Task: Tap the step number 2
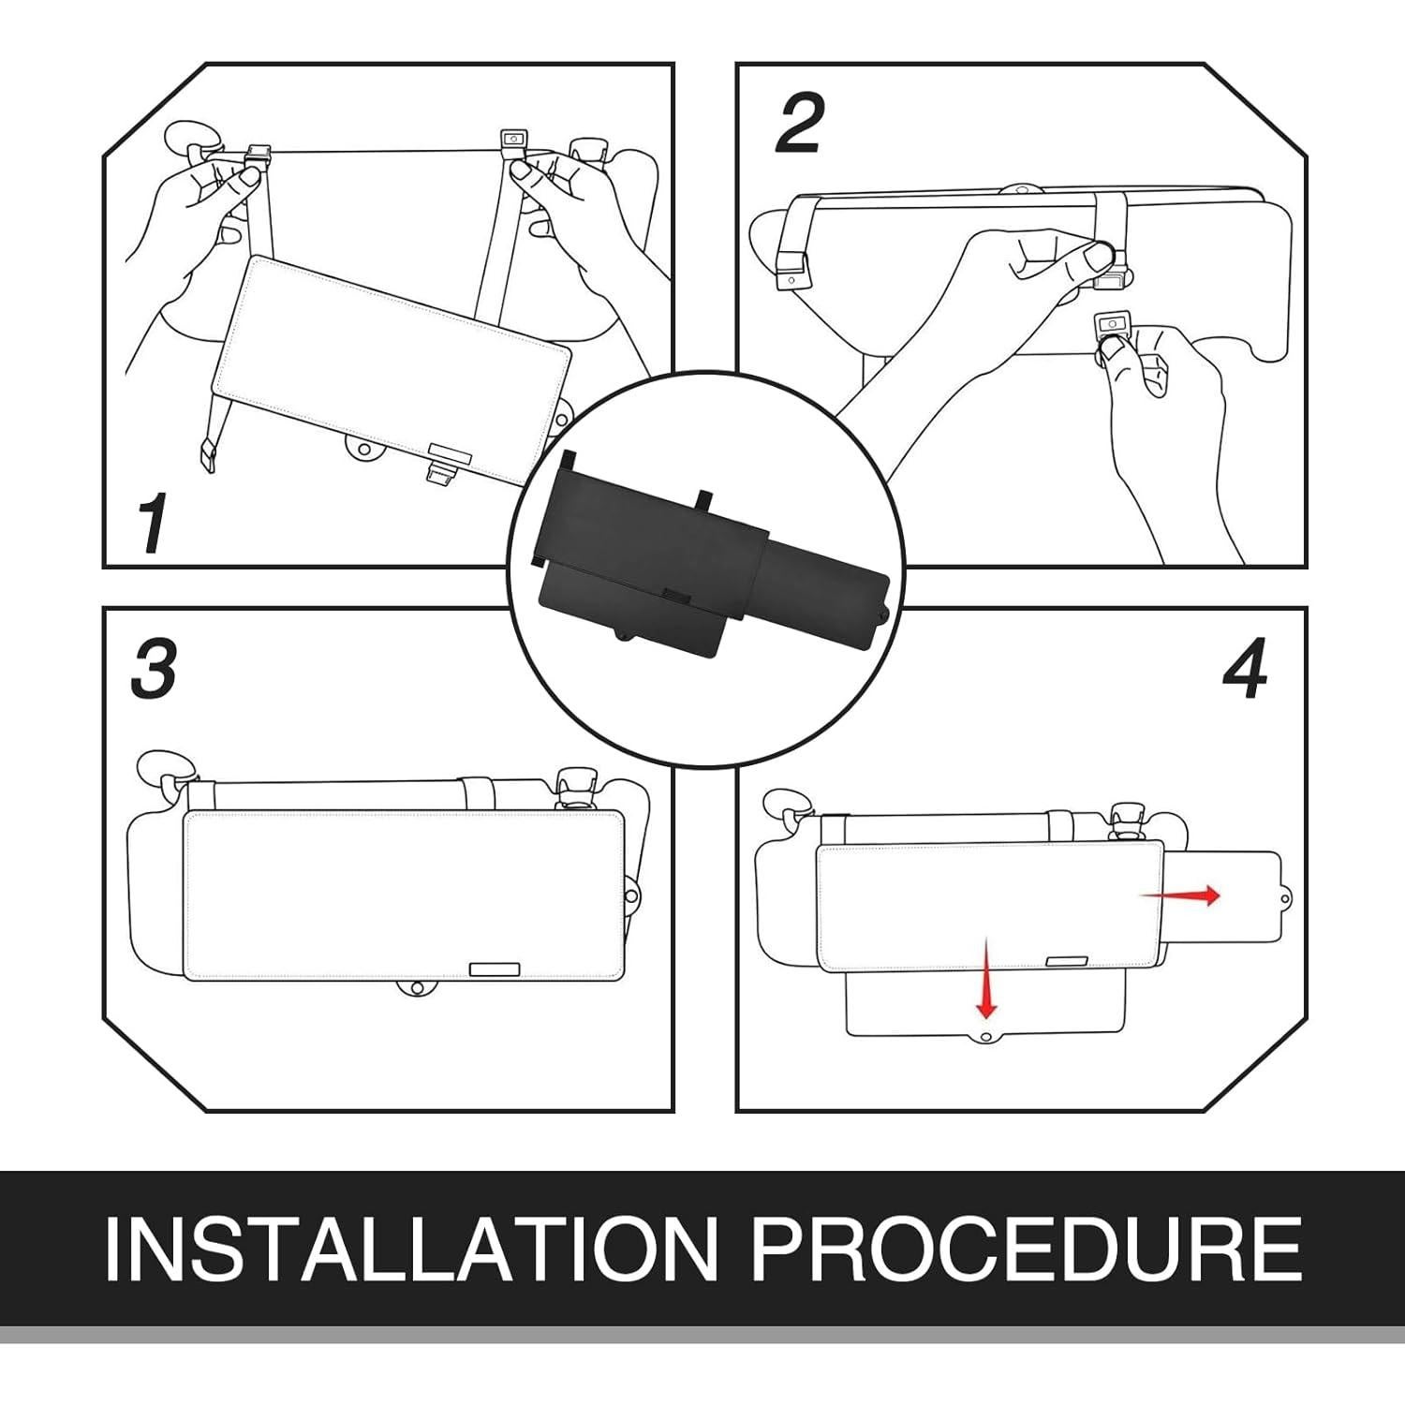[799, 123]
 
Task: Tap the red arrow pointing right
[1180, 895]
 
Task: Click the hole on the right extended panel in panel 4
[1286, 898]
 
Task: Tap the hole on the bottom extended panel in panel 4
[985, 1035]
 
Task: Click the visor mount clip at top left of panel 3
[169, 773]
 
